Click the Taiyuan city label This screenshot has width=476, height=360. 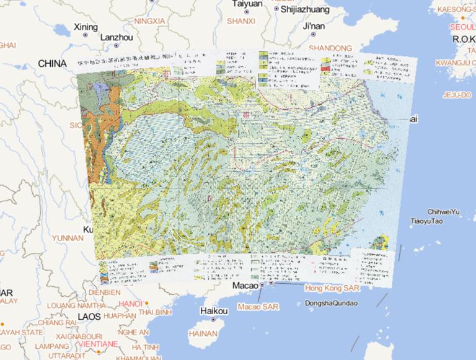(x=247, y=4)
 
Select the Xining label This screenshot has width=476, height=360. (x=86, y=27)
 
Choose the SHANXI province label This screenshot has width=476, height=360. (x=241, y=21)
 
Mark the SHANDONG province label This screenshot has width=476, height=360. (x=330, y=48)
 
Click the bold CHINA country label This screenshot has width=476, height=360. (x=52, y=64)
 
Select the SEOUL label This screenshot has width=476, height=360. (x=462, y=27)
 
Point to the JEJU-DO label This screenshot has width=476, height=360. (x=457, y=95)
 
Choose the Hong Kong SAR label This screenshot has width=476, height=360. (x=332, y=288)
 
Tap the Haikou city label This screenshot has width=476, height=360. (x=214, y=311)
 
